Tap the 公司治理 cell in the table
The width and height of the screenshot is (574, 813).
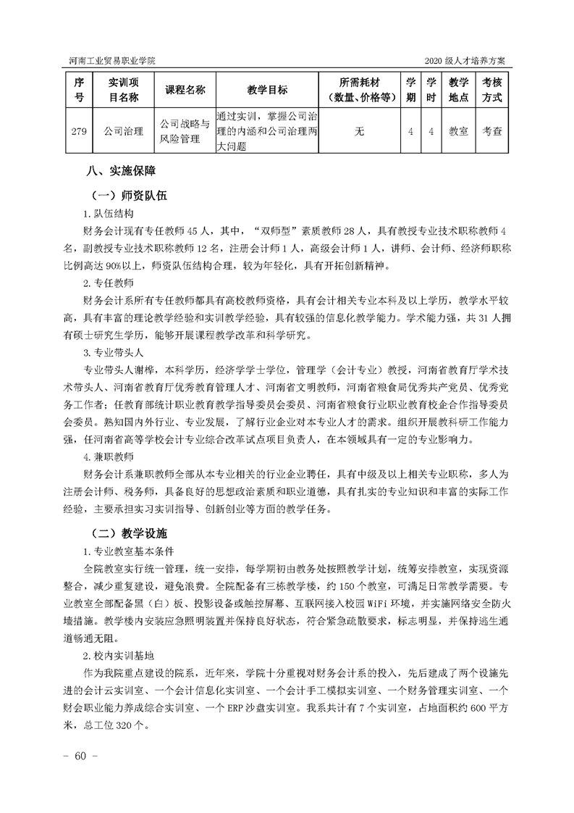point(123,131)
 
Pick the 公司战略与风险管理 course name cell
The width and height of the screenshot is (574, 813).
point(185,131)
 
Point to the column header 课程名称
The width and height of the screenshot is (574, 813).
point(185,90)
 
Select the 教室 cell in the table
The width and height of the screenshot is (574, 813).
point(458,131)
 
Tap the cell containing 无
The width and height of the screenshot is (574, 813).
point(360,131)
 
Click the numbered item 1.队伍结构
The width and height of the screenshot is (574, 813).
point(109,215)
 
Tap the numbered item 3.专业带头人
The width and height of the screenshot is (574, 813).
point(114,351)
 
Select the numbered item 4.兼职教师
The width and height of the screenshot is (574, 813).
point(109,456)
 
